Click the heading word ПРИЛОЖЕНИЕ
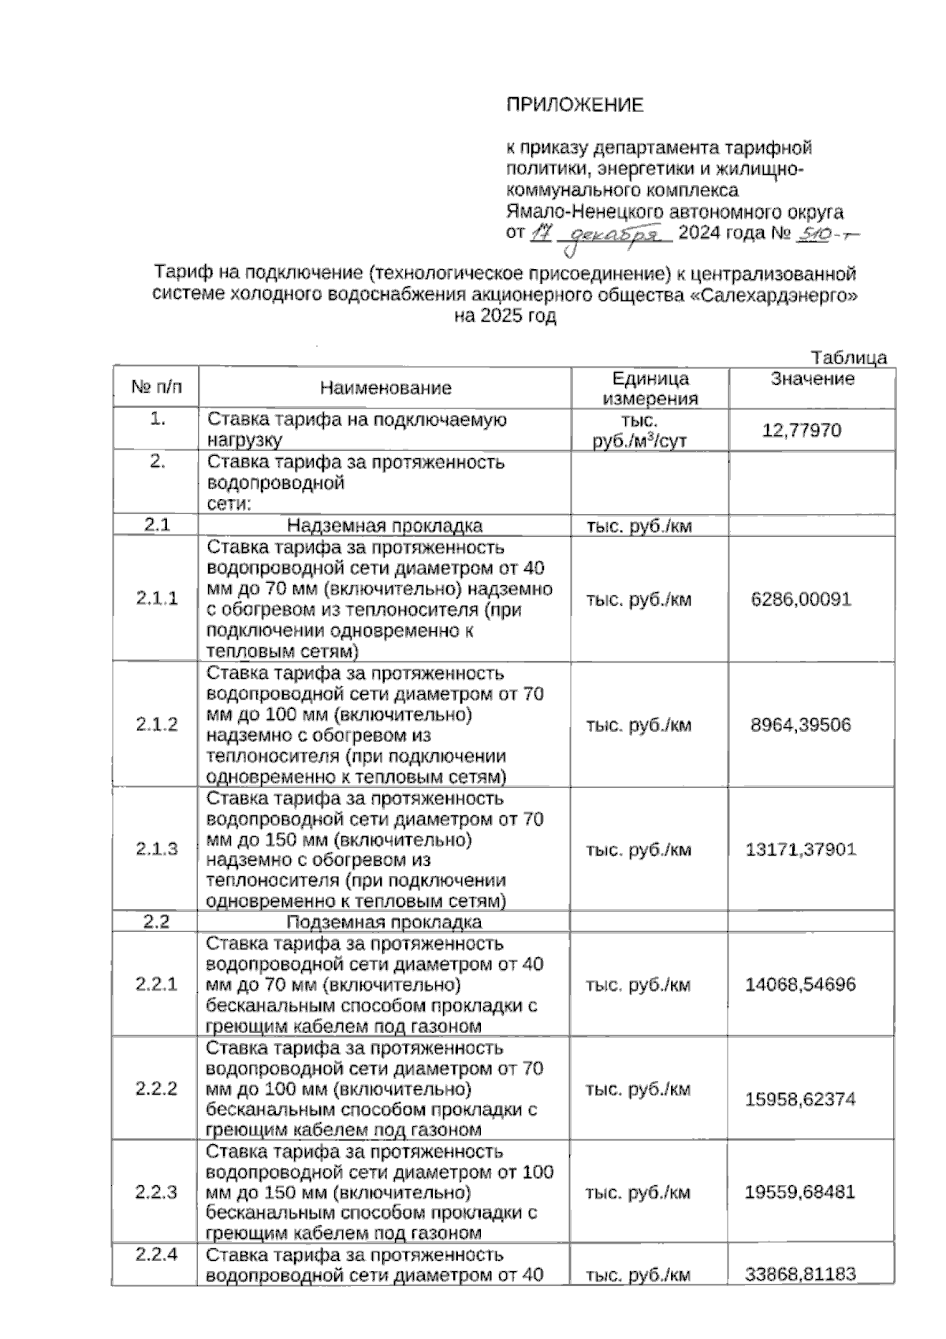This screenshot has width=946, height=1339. tap(574, 105)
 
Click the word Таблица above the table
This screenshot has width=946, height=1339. tap(848, 357)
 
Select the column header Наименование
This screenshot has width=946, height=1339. tap(385, 388)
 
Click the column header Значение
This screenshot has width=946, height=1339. tap(812, 379)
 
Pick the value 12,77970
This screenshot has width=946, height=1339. tap(802, 431)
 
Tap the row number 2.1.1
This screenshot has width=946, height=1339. tap(156, 599)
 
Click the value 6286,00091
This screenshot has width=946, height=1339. tap(801, 599)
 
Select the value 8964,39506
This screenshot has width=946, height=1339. tap(801, 725)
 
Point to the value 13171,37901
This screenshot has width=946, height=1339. tap(801, 849)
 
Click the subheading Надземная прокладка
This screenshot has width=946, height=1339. tap(385, 526)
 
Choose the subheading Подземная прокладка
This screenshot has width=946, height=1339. tap(384, 922)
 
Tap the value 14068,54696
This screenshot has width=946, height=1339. tap(801, 984)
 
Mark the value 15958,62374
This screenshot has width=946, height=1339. tap(801, 1098)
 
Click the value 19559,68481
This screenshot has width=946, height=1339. tap(801, 1192)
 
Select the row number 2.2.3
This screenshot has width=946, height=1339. tap(156, 1192)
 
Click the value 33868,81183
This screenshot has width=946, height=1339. tap(801, 1274)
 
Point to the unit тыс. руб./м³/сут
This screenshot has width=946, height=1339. tap(639, 431)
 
